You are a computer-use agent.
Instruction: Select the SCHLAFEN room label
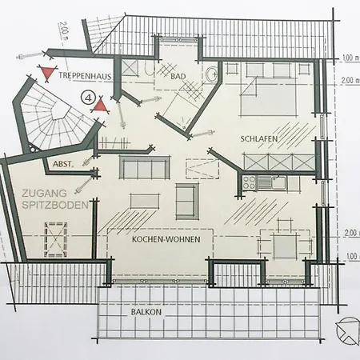(x=258, y=138)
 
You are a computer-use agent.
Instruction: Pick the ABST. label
(x=63, y=164)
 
